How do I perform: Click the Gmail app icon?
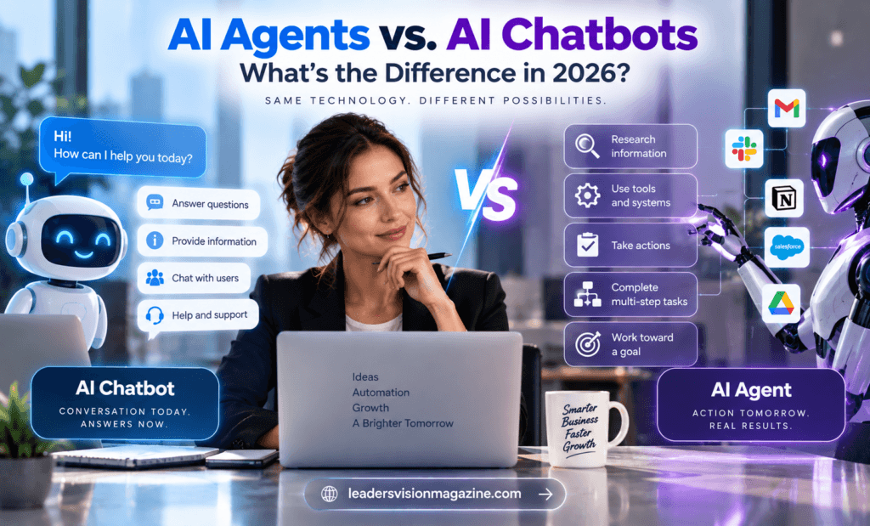tap(787, 108)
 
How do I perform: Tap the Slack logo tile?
tap(744, 149)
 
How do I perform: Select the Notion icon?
tap(784, 198)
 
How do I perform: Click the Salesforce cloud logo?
tap(787, 247)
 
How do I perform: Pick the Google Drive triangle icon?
tap(782, 303)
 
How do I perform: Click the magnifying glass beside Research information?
tap(587, 146)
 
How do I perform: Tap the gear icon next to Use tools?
tap(587, 195)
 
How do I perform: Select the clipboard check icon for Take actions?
tap(587, 245)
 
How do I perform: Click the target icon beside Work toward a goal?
tap(588, 344)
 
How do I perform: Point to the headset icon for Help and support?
tap(155, 315)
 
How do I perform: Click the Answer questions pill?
tap(199, 204)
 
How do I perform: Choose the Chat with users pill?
tap(195, 278)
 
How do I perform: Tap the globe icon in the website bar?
tap(329, 494)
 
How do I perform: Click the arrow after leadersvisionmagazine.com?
tap(545, 494)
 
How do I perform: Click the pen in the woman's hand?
tap(415, 258)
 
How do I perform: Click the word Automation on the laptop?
tap(381, 393)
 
